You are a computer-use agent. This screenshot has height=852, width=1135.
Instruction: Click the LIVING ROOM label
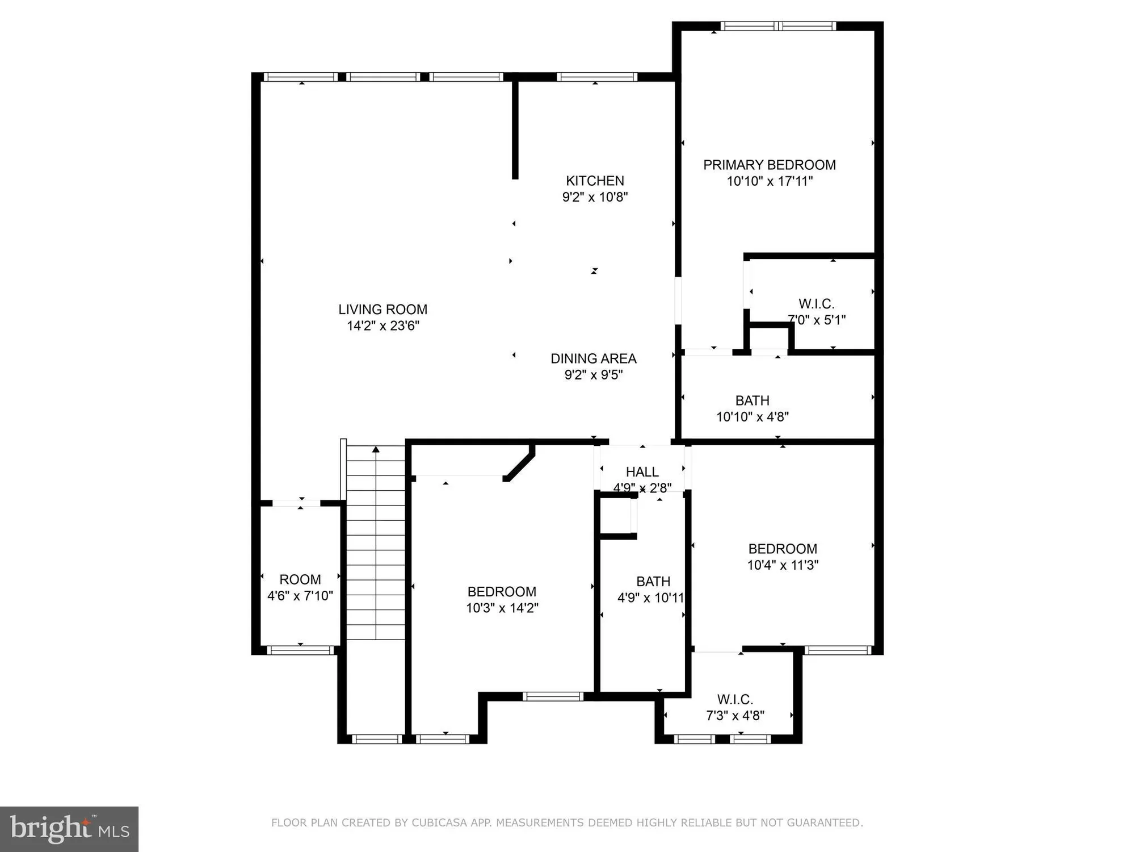point(382,310)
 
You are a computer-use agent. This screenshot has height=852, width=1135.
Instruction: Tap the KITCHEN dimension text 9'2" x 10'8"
point(595,197)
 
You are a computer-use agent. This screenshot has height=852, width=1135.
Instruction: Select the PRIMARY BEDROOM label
point(769,165)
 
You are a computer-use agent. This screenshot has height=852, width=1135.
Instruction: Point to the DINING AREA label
point(594,358)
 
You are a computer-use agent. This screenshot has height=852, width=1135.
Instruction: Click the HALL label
point(642,472)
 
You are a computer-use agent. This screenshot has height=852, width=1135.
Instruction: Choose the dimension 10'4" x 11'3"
point(783,565)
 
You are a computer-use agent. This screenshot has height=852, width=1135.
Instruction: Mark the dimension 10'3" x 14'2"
point(502,608)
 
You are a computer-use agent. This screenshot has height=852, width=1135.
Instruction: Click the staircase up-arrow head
point(376,449)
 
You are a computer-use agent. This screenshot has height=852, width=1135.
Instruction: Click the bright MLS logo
point(69,829)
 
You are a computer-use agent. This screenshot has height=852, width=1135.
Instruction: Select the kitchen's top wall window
point(596,77)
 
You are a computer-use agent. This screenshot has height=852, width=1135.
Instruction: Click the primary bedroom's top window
point(778,26)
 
